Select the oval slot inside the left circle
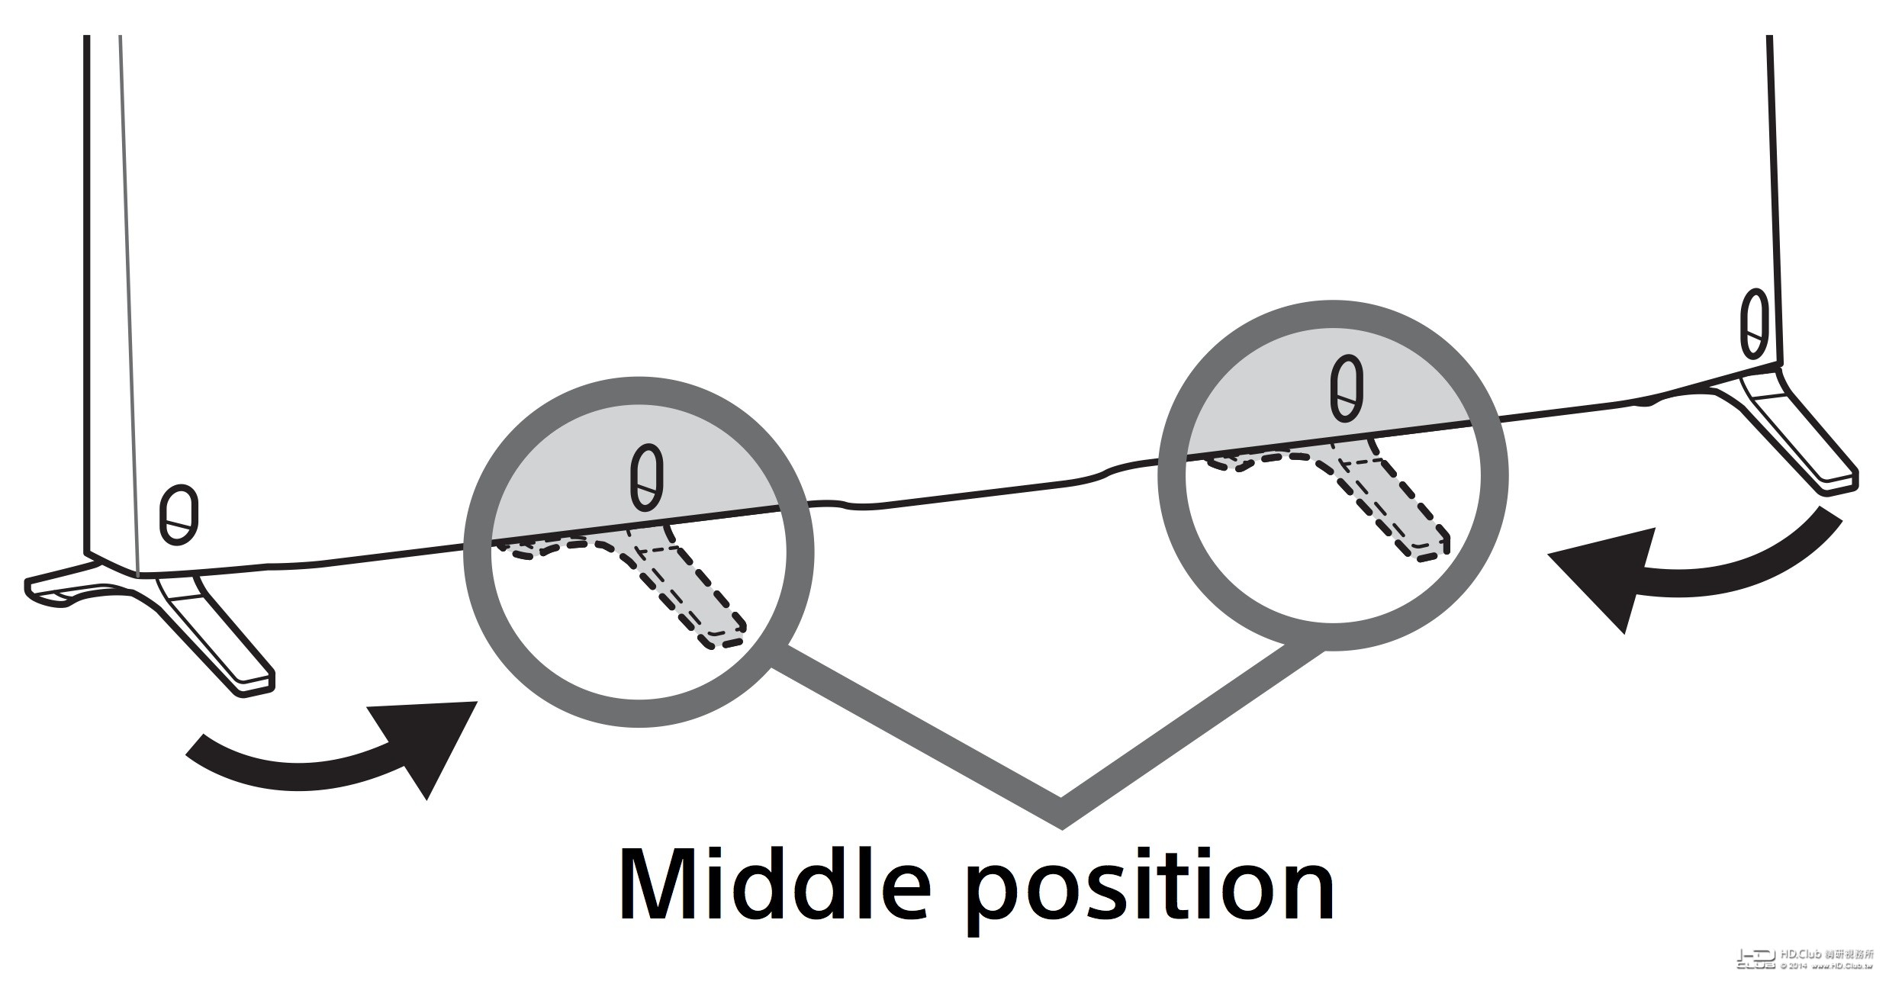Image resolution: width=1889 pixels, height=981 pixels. tap(647, 478)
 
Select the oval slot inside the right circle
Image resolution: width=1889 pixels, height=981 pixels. tap(1347, 388)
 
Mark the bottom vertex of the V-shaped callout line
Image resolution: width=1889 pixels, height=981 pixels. tap(1061, 816)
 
